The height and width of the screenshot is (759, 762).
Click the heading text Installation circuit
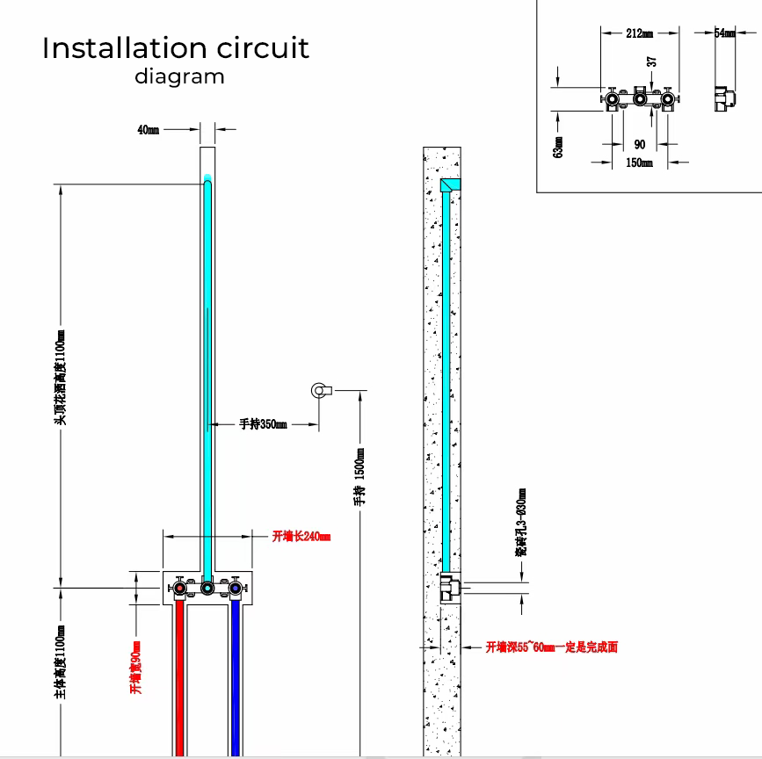coord(176,47)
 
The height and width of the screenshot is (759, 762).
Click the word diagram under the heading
coord(179,76)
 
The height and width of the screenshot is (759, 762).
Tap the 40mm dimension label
coord(148,130)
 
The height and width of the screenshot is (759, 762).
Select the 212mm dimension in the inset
coord(639,33)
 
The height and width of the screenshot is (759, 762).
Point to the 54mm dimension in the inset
coord(725,33)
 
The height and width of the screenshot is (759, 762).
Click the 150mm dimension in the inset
coord(639,163)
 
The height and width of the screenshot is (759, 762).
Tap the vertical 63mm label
coord(558,145)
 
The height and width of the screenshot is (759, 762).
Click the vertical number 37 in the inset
coord(651,62)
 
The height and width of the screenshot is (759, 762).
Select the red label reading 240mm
coord(301,536)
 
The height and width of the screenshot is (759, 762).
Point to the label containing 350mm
coord(264,424)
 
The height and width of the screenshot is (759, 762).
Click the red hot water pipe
coord(179,676)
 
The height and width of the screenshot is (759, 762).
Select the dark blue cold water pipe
coord(235,676)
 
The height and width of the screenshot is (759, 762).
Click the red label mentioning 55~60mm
coord(552,647)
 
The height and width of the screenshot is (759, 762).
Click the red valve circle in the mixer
coord(179,587)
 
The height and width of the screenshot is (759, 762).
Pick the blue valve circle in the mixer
coord(235,587)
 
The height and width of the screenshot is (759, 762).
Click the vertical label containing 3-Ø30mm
coord(522,523)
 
